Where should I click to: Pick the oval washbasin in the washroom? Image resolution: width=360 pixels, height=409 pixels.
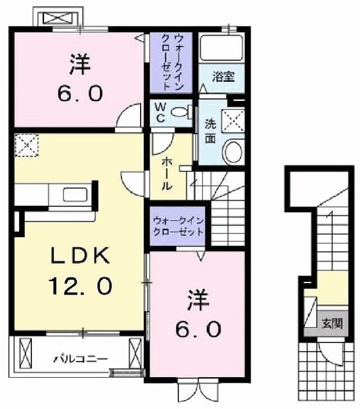(x=233, y=152)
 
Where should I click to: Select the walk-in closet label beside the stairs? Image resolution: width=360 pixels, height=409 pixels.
(x=178, y=226)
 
